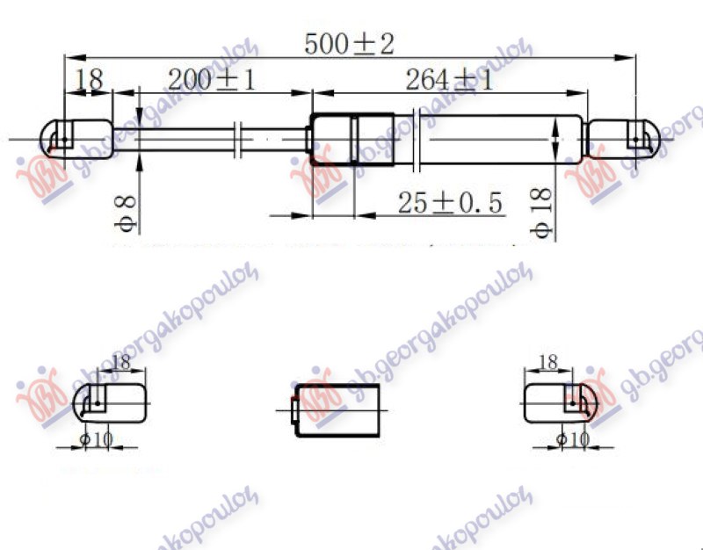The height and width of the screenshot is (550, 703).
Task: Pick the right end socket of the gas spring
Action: [x=623, y=138]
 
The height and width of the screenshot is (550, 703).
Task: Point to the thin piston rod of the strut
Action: [x=185, y=139]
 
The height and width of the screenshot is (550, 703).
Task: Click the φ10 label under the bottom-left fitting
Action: [x=97, y=438]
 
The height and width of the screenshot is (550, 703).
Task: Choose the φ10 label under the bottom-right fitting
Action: [x=571, y=438]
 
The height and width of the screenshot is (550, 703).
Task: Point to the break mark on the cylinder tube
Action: [x=420, y=139]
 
